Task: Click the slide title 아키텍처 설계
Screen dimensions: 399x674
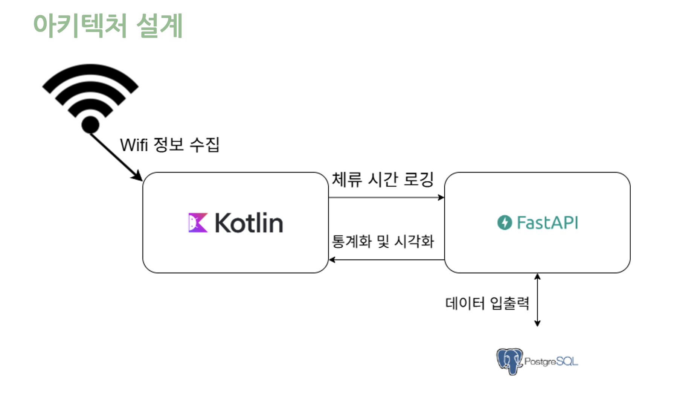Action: (108, 25)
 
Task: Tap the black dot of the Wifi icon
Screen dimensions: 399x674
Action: (90, 125)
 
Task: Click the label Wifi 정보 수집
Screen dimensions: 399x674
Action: (169, 145)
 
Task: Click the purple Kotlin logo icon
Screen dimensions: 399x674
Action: (198, 222)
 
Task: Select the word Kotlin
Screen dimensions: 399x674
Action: (249, 223)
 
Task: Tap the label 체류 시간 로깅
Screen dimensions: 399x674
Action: (383, 179)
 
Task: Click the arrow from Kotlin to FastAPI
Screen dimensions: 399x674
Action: (386, 197)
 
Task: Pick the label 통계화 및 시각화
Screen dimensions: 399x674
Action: (383, 241)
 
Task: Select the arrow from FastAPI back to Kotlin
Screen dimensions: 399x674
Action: (386, 260)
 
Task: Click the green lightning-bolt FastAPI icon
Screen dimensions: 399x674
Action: (505, 222)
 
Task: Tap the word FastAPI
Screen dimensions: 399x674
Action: (547, 222)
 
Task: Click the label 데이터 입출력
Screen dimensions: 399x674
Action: (487, 303)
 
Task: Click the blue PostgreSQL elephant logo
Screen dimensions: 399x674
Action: (509, 361)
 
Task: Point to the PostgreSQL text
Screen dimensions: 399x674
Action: (551, 361)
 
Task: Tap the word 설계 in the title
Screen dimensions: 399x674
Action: (160, 25)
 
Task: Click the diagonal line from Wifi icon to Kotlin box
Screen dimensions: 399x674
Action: (113, 154)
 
